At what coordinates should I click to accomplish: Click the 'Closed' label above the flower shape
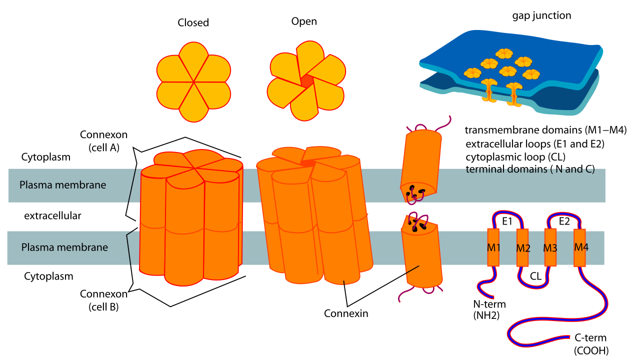coord(193,23)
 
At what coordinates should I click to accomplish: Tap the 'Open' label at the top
coord(304,21)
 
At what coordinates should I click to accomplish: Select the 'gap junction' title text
coord(541,15)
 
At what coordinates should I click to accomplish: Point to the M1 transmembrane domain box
coord(493,247)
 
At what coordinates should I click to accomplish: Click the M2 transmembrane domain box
coord(522,247)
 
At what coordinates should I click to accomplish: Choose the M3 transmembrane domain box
coord(550,247)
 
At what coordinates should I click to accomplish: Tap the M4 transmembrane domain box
coord(580,247)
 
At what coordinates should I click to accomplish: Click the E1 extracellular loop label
coord(507,221)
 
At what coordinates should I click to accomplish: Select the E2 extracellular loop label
coord(564,221)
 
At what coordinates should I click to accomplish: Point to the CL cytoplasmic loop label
coord(535,275)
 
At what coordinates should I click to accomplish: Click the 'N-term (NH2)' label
coord(489,309)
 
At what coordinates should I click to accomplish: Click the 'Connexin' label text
coord(346,314)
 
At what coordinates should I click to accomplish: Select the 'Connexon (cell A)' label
coord(103,141)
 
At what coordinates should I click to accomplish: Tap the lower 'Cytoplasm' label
coord(48,276)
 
